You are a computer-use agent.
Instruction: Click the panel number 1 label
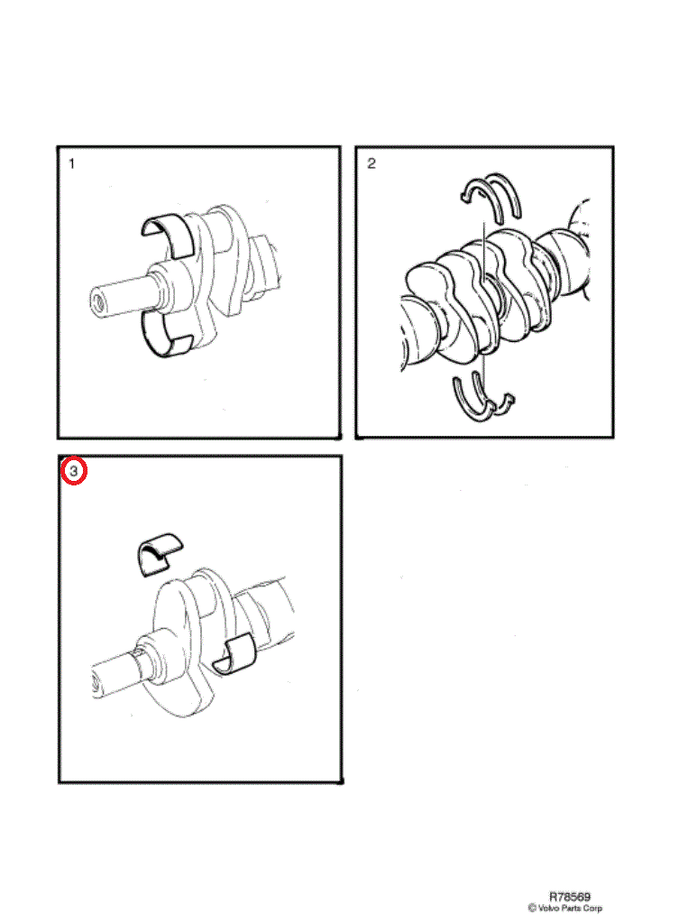tap(71, 164)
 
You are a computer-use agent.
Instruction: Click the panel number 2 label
tap(371, 163)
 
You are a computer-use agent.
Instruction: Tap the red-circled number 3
tap(74, 471)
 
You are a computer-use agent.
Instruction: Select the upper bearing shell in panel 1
tap(167, 236)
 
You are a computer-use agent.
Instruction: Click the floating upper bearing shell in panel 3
tap(158, 554)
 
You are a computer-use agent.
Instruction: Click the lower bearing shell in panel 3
tap(234, 654)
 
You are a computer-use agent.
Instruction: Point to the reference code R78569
tap(570, 897)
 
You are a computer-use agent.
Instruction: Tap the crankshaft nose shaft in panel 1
tap(124, 296)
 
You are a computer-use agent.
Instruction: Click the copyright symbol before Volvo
tap(532, 908)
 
